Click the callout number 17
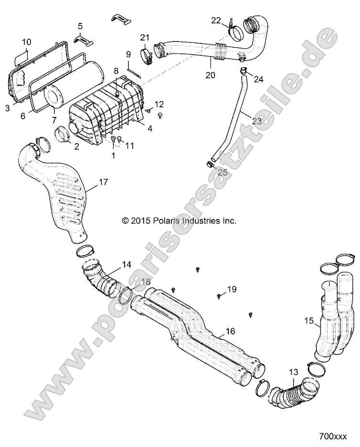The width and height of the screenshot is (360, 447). pos(103,182)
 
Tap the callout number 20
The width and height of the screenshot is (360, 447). pos(210,75)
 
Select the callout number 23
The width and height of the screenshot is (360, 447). pos(257,121)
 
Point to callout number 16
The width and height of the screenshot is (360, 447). pos(231,331)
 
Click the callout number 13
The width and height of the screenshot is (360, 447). pos(293,372)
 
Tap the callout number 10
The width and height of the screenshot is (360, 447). pos(26,42)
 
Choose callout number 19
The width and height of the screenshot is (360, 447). pos(232,289)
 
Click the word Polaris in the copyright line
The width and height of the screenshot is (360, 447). pos(165,220)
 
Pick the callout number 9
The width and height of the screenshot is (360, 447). pos(128,54)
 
